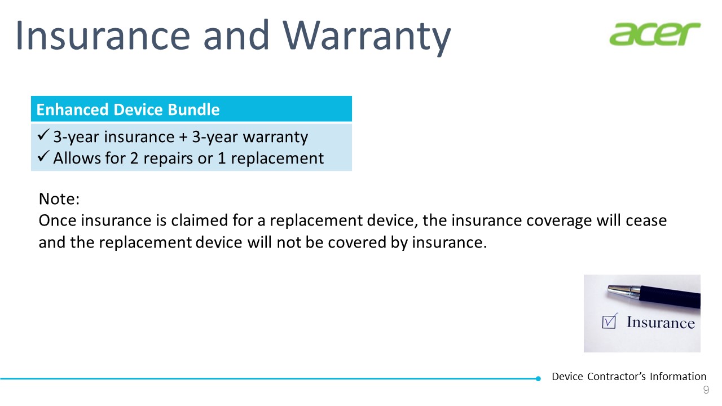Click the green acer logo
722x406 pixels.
[x=655, y=34]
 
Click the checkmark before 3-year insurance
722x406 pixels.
[x=43, y=134]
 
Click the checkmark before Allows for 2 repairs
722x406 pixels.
[x=43, y=156]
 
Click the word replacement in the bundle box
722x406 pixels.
[x=277, y=159]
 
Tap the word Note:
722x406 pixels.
[x=59, y=199]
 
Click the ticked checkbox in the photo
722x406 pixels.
[x=609, y=321]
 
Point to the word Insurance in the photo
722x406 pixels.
[x=661, y=323]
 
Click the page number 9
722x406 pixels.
[x=706, y=390]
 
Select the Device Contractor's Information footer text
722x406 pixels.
[x=629, y=376]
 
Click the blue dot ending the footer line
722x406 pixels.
[x=538, y=378]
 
